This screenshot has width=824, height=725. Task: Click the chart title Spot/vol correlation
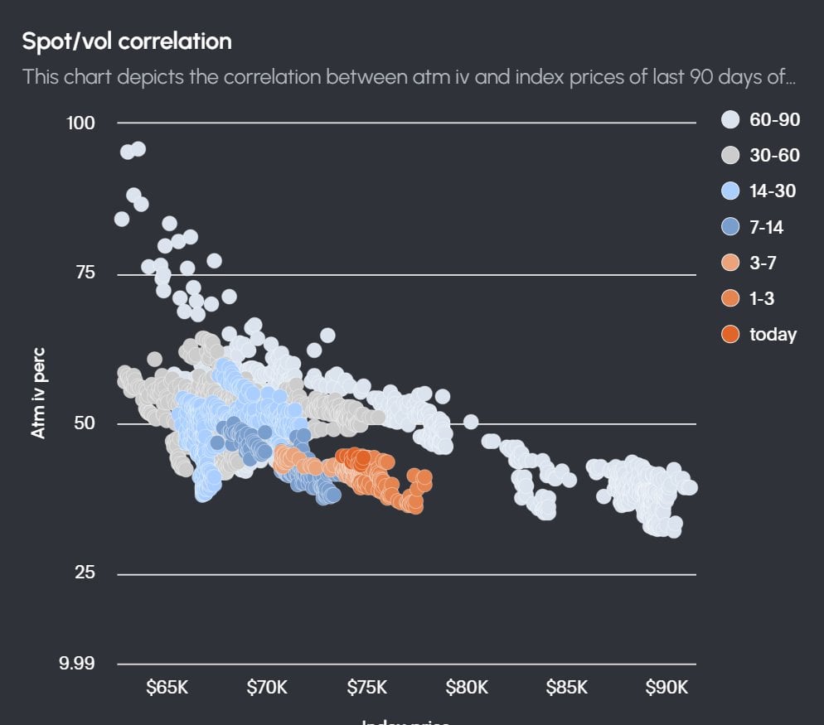pyautogui.click(x=127, y=41)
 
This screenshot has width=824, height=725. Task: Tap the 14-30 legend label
pyautogui.click(x=772, y=191)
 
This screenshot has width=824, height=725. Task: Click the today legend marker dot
pyautogui.click(x=730, y=335)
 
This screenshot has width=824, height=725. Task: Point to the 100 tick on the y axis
pyautogui.click(x=80, y=123)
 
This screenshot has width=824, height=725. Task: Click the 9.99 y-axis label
pyautogui.click(x=76, y=664)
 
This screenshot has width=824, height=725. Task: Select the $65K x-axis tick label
pyautogui.click(x=167, y=688)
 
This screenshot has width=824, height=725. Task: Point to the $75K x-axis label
pyautogui.click(x=366, y=688)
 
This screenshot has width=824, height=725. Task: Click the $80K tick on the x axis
pyautogui.click(x=467, y=688)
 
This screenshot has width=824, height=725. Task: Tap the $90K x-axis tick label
pyautogui.click(x=666, y=688)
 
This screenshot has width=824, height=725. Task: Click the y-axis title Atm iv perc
pyautogui.click(x=38, y=393)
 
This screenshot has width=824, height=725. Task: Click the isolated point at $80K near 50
pyautogui.click(x=471, y=422)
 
